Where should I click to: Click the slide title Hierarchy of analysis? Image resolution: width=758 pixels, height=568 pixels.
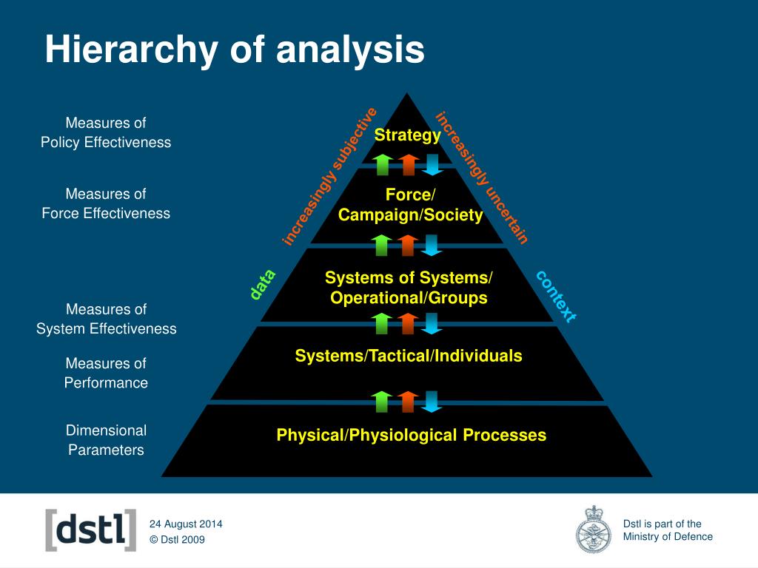pos(235,50)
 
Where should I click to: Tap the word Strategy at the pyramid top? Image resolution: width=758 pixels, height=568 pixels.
pos(407,135)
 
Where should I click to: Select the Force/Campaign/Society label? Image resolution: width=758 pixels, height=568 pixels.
pos(410,205)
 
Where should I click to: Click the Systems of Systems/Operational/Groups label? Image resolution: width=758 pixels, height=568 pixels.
pos(409,288)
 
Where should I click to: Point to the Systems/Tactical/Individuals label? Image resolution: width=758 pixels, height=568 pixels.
pos(409,356)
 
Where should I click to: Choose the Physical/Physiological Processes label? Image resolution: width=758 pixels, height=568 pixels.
pos(411,435)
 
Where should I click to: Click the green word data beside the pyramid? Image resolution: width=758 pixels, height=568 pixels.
pos(262,285)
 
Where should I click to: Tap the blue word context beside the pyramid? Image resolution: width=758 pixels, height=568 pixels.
pos(555,296)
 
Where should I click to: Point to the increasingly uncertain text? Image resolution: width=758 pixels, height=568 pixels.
pos(482,177)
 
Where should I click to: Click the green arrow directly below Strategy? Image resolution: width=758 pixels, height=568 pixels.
pos(382,164)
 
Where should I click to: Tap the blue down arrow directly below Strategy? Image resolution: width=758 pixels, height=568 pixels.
pos(432,164)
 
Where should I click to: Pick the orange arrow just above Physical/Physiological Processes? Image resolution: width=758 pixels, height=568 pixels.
pos(407,401)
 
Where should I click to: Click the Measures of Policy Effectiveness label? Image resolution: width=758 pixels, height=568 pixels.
pos(106,132)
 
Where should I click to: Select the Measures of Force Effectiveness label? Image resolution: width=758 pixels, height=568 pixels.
pos(106,203)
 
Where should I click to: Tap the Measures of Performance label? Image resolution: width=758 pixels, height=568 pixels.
pos(106,373)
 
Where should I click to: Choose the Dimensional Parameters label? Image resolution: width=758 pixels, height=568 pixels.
pos(106,439)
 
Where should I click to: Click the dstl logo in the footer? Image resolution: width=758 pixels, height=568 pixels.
pos(91,530)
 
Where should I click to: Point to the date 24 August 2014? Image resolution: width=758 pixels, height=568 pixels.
pos(186,524)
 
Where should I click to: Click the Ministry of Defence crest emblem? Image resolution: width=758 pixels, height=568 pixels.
pos(594,530)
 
